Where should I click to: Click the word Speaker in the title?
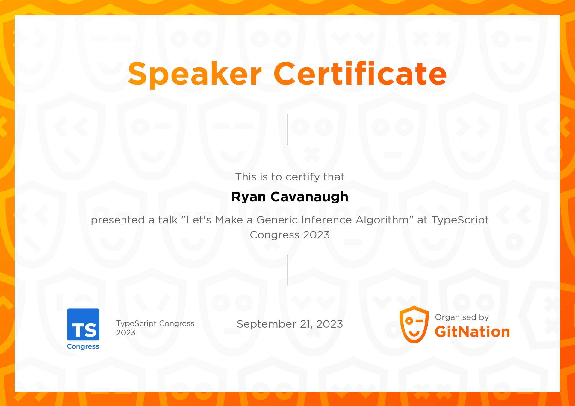[x=195, y=74]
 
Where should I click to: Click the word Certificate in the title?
[x=360, y=74]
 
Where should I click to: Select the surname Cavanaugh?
[x=309, y=197]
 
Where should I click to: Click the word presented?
[x=118, y=221]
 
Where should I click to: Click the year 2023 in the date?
[x=329, y=324]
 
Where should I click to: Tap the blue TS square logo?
[x=83, y=325]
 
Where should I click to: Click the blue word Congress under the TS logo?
[x=83, y=346]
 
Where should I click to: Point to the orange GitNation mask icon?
[x=414, y=324]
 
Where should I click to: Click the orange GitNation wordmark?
[x=472, y=332]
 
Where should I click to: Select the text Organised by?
[x=462, y=317]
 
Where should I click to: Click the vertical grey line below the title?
[x=287, y=130]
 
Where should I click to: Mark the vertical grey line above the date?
[x=287, y=270]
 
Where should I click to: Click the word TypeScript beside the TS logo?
[x=136, y=324]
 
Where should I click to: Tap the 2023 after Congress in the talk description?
[x=316, y=235]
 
